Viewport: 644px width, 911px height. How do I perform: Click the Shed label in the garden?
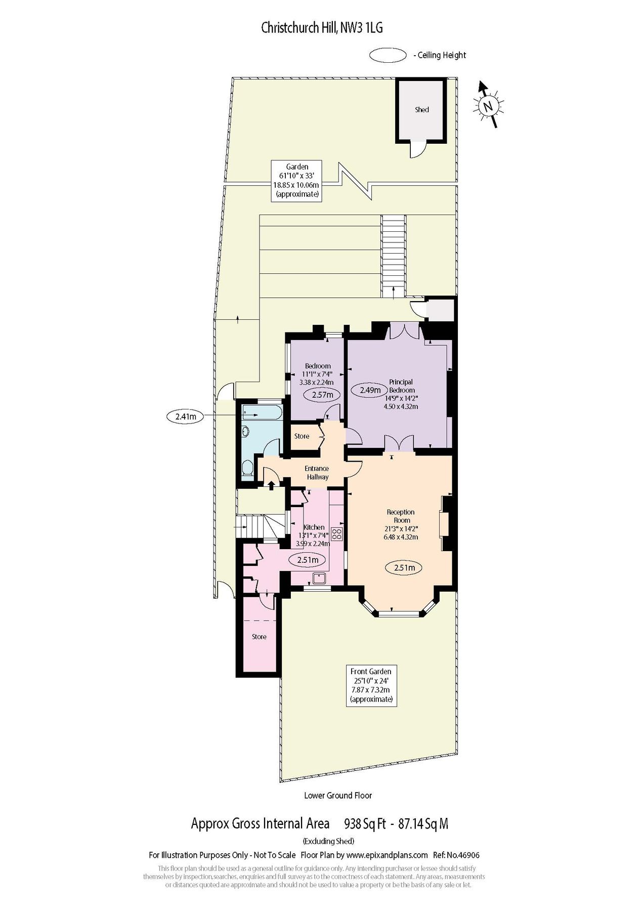[x=422, y=110]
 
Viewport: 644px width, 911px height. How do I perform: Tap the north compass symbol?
[x=488, y=105]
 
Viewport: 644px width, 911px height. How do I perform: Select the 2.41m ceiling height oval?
[x=185, y=417]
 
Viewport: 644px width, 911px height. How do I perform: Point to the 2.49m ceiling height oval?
[x=370, y=390]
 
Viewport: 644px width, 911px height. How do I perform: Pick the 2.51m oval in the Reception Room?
[x=404, y=568]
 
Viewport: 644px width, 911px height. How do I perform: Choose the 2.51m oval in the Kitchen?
[x=308, y=560]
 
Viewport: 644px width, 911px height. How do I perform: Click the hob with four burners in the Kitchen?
[x=337, y=533]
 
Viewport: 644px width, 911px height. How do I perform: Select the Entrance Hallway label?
[x=317, y=473]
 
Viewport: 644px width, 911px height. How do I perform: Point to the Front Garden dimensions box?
[x=371, y=685]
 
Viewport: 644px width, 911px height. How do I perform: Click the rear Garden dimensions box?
[x=297, y=181]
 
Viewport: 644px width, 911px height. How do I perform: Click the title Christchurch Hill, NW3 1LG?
[x=322, y=28]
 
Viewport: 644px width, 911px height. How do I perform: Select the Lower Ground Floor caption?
[x=338, y=795]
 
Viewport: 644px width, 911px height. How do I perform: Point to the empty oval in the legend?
[x=388, y=55]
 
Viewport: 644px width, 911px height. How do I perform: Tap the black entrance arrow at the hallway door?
[x=271, y=485]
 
